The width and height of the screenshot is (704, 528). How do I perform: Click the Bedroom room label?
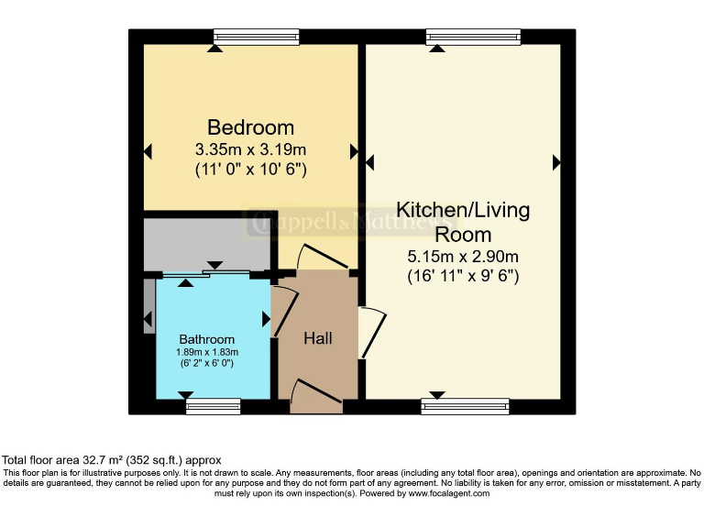pyautogui.click(x=250, y=127)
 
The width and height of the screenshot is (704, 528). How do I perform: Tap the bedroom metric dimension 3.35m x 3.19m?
pyautogui.click(x=250, y=149)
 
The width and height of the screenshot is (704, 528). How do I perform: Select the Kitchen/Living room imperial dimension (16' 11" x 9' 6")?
pyautogui.click(x=463, y=275)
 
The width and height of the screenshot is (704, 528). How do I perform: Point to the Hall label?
pyautogui.click(x=317, y=338)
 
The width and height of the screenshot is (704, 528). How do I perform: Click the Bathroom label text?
pyautogui.click(x=206, y=339)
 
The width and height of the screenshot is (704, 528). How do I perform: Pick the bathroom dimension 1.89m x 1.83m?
pyautogui.click(x=206, y=352)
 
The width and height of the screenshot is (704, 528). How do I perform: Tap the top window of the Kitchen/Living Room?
pyautogui.click(x=473, y=37)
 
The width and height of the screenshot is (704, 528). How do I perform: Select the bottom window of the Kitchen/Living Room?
pyautogui.click(x=465, y=406)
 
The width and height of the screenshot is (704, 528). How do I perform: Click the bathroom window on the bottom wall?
pyautogui.click(x=213, y=406)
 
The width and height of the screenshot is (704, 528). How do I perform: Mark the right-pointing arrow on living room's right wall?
pyautogui.click(x=556, y=162)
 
